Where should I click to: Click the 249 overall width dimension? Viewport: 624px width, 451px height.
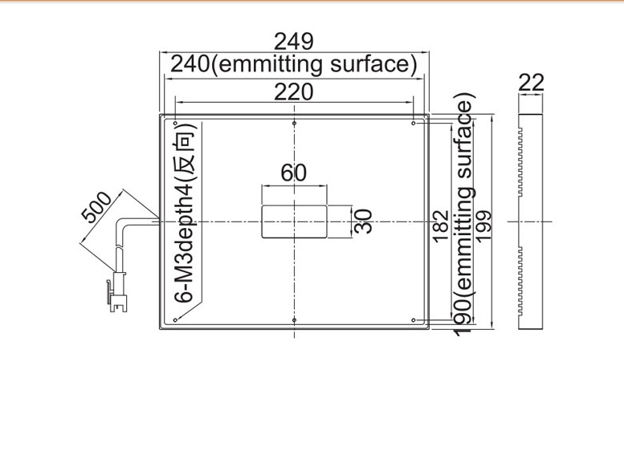[294, 42]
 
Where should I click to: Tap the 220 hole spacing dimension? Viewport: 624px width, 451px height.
[294, 92]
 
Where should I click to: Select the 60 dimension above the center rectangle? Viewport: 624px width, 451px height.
[294, 173]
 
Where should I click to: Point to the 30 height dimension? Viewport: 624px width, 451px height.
[363, 221]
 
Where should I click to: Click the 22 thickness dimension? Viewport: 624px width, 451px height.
[531, 83]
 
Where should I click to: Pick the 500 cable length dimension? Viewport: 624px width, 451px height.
[96, 207]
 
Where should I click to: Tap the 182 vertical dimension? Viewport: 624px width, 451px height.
[441, 226]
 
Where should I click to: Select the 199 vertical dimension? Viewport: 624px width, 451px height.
[483, 226]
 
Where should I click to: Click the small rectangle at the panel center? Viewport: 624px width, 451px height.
[294, 221]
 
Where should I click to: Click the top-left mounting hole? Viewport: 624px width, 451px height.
[175, 124]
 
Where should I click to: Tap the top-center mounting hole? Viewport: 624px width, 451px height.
[294, 124]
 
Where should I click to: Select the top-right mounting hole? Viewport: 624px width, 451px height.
[414, 124]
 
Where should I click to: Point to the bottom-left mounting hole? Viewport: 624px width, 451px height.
[175, 319]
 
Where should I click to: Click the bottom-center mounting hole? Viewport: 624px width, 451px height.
[294, 319]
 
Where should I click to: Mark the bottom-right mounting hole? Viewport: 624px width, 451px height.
[414, 319]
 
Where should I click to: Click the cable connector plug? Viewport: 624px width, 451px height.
[117, 292]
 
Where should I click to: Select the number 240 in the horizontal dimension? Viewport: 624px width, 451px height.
[190, 64]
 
